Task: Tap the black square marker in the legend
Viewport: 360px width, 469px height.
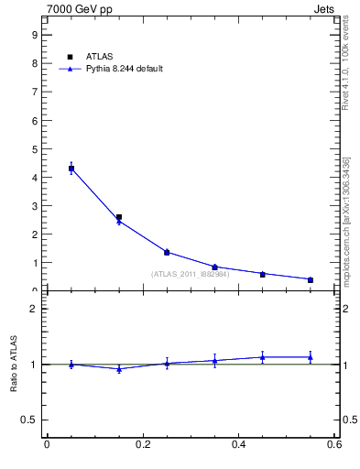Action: [71, 57]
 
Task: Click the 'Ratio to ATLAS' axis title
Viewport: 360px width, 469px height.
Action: [15, 365]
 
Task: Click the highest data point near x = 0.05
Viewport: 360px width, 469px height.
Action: [71, 169]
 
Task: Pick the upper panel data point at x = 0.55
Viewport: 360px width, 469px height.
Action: [311, 279]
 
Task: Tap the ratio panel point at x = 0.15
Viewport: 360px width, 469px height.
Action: [119, 369]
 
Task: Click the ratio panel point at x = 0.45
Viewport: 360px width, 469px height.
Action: [263, 357]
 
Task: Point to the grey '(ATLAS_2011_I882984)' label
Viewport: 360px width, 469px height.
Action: [190, 274]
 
